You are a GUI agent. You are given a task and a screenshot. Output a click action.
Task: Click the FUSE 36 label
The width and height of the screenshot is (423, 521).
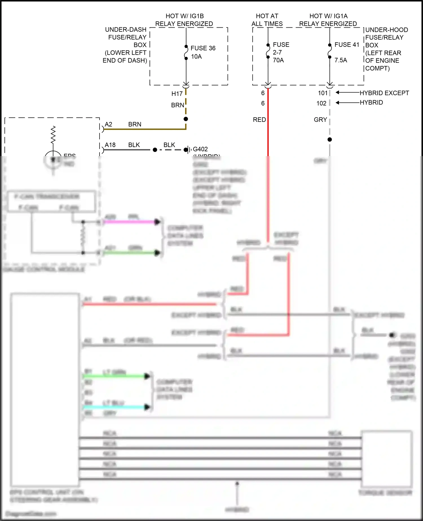203,48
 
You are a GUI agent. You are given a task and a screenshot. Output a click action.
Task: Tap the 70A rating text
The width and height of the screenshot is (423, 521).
278,60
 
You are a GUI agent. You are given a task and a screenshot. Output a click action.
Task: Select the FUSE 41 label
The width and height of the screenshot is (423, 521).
347,45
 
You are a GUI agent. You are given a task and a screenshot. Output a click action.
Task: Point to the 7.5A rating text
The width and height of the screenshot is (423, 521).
341,60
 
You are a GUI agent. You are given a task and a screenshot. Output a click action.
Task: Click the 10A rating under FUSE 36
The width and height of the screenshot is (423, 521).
196,57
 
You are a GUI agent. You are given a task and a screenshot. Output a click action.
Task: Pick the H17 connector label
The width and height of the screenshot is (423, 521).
177,94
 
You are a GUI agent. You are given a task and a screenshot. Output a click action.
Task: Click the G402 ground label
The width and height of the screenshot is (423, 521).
200,149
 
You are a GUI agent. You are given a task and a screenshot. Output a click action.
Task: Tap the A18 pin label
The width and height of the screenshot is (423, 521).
110,145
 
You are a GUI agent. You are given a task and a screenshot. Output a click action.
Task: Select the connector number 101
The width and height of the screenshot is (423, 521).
323,93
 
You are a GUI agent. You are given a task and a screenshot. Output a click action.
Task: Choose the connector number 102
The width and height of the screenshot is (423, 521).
321,104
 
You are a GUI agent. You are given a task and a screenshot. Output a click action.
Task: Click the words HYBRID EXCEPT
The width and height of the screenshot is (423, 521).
384,93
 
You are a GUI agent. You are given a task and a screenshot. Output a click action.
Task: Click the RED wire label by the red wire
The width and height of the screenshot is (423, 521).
259,120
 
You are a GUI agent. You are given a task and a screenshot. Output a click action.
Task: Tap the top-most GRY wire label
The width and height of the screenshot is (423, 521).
320,120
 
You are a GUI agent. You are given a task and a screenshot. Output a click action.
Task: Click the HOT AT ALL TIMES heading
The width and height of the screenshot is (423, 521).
267,20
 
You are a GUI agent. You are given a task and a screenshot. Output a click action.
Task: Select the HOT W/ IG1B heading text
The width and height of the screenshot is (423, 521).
184,16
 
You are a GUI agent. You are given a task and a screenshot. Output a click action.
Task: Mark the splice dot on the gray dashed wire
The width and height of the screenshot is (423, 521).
330,139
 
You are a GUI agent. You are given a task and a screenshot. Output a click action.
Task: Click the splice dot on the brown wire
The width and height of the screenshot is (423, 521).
186,119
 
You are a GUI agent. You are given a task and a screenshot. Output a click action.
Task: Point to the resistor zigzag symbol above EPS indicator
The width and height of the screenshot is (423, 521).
53,135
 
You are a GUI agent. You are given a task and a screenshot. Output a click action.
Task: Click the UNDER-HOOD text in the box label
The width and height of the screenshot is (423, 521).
386,30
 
